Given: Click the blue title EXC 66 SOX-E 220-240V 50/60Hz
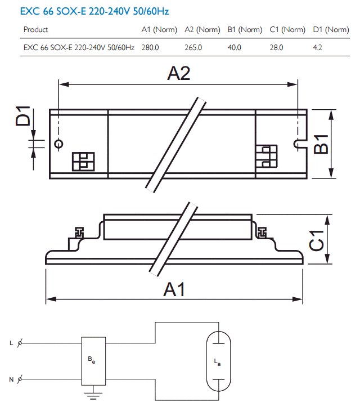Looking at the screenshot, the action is [x=94, y=11].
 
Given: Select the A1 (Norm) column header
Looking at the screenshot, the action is [x=159, y=30].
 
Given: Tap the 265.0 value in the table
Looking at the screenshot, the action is [x=193, y=47].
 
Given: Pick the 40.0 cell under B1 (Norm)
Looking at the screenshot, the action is [x=235, y=47].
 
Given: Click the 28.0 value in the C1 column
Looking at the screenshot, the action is [x=277, y=47].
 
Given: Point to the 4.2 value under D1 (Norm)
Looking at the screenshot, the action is [x=317, y=47].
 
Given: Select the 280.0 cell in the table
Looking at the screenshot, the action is [x=150, y=47].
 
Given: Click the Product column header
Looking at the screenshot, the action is [x=36, y=30].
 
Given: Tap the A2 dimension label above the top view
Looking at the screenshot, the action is [x=179, y=73].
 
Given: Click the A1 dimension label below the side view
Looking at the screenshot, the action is [x=174, y=289].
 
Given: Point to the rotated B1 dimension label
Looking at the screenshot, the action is [x=321, y=144].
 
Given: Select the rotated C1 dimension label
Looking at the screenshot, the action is [x=317, y=240].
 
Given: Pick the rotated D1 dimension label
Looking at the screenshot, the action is [x=23, y=116].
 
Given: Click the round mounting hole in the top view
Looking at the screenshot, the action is [x=59, y=144].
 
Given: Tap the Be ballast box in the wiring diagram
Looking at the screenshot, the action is [x=93, y=361].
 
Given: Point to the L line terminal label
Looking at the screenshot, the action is [x=11, y=343].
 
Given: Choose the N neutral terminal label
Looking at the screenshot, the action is [x=11, y=379].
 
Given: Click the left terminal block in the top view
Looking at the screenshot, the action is [x=83, y=162].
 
